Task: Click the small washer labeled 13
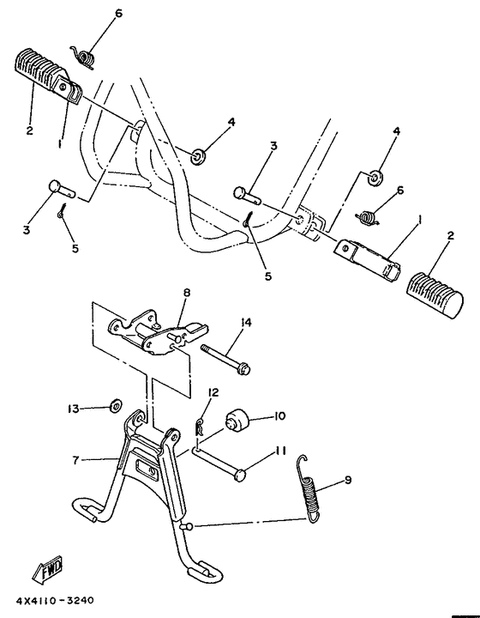point(113,406)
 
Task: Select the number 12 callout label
point(213,393)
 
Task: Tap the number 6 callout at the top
point(118,14)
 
